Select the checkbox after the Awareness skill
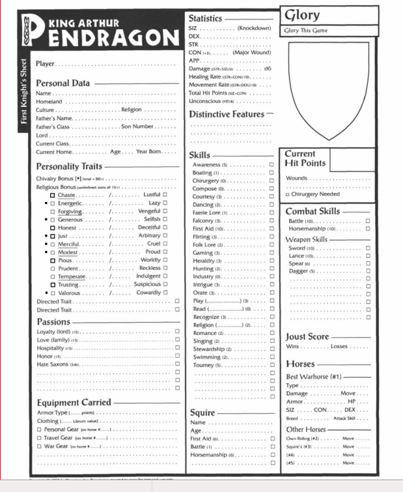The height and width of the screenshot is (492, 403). tap(271, 165)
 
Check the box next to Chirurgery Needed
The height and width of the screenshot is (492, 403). tap(288, 194)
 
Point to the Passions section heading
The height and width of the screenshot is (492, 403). tap(53, 322)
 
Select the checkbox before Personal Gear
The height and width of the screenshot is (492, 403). tap(40, 429)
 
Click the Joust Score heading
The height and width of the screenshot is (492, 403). tap(307, 337)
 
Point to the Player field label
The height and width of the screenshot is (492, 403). tap(45, 64)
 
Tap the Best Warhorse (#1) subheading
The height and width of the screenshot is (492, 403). tap(314, 377)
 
